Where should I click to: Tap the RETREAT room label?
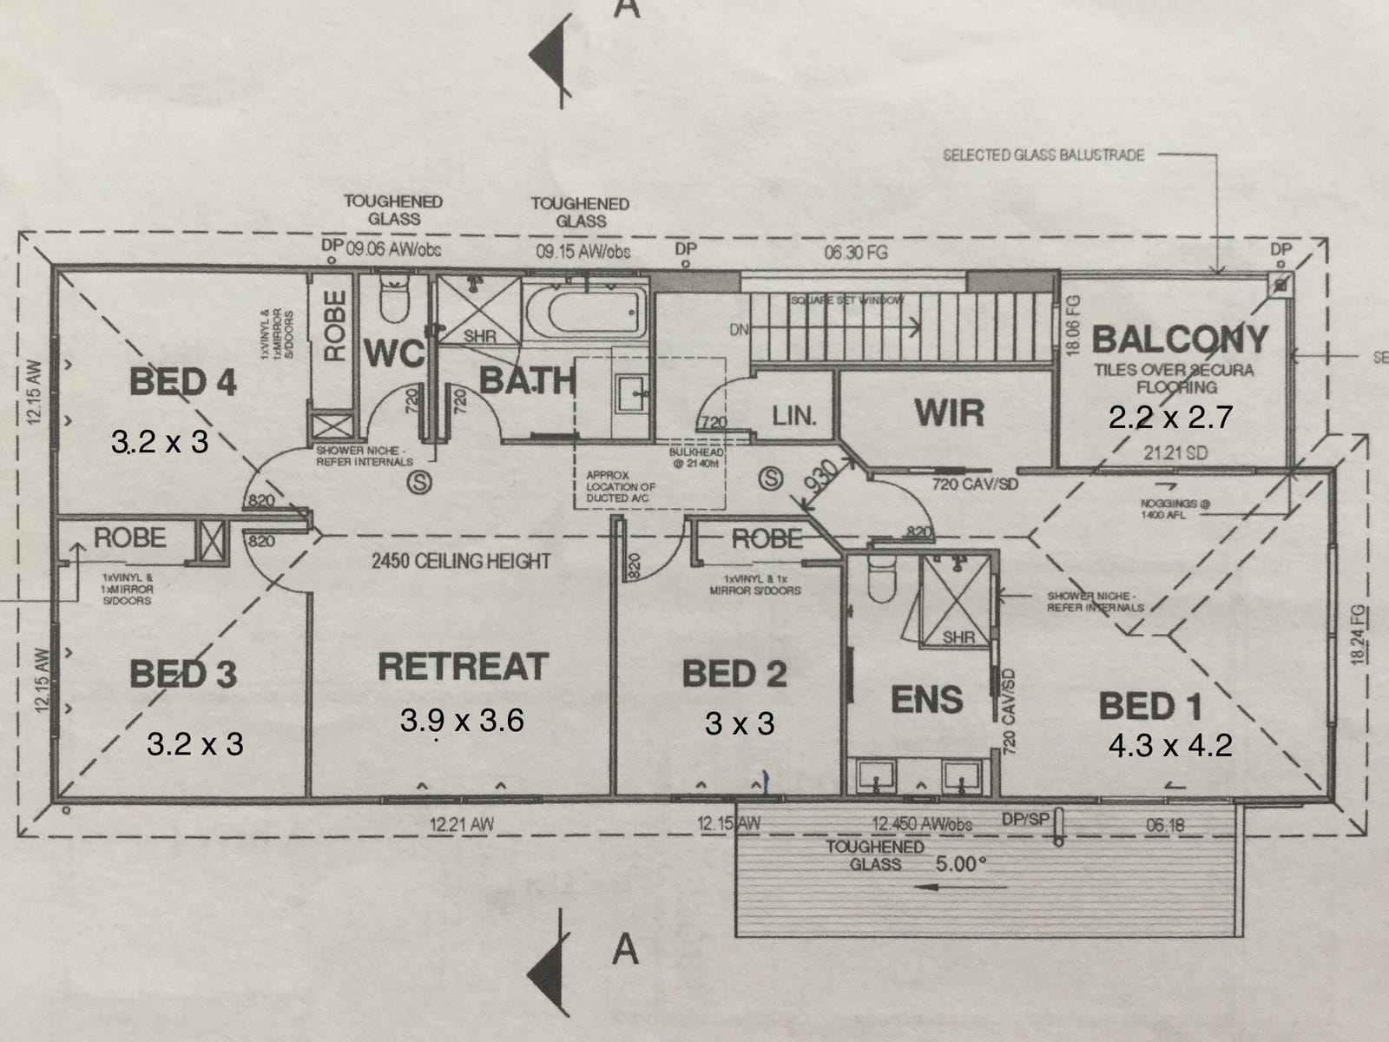[463, 667]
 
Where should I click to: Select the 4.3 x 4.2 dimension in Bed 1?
[1171, 745]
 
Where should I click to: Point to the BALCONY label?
[1181, 339]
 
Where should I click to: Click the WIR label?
[949, 412]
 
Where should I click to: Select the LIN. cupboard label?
[794, 416]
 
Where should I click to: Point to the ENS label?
[927, 699]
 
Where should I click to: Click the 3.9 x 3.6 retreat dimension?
[462, 720]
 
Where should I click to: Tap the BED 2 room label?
[734, 674]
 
